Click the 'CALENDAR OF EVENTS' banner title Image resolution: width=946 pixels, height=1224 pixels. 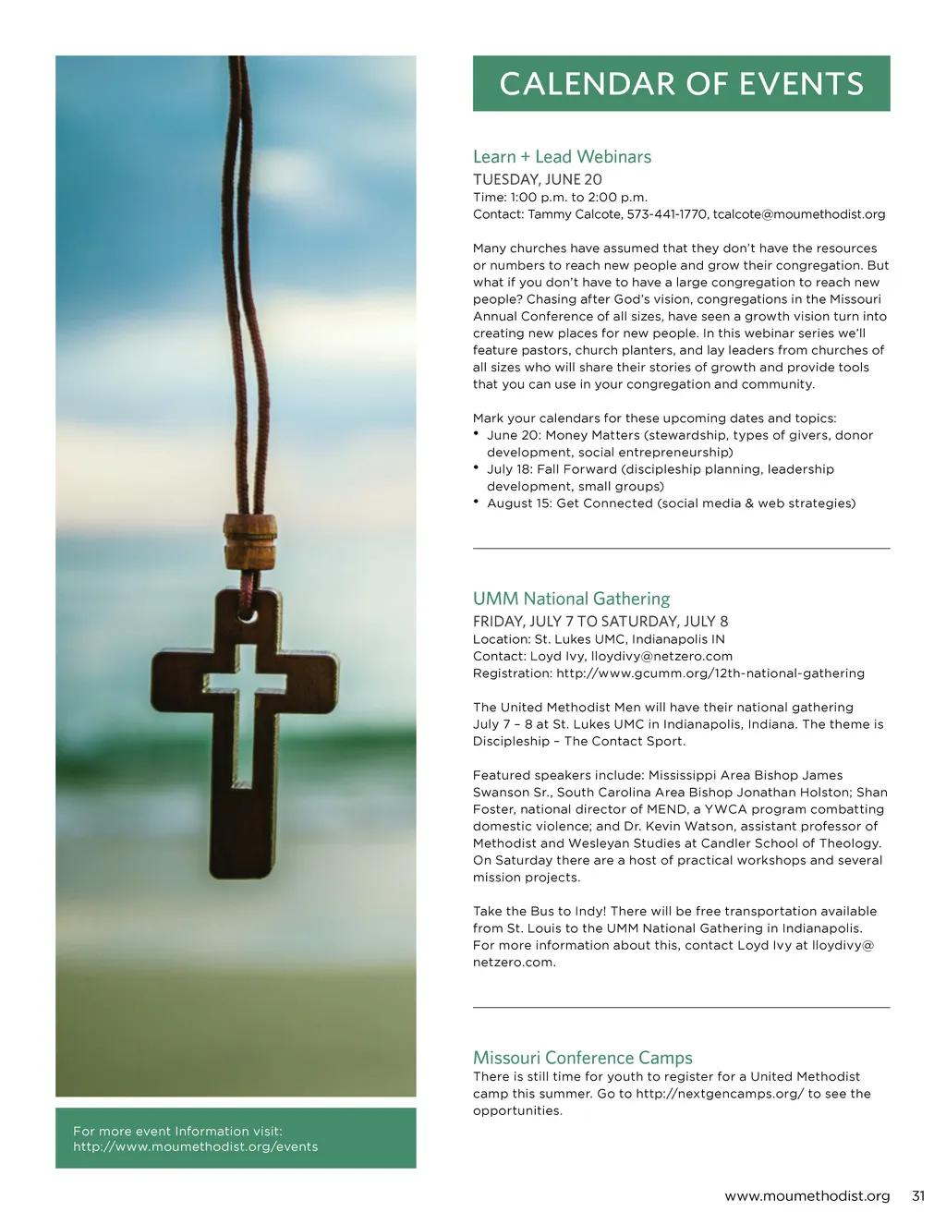click(x=681, y=84)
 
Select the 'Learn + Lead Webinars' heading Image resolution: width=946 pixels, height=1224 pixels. click(x=562, y=157)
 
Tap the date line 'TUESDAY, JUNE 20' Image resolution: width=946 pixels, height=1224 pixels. click(x=537, y=179)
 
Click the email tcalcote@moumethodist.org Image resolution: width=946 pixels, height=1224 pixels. click(x=799, y=214)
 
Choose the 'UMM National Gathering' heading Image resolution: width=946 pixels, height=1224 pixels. click(x=571, y=599)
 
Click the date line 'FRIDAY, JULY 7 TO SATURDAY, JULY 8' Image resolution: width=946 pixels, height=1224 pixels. click(x=600, y=622)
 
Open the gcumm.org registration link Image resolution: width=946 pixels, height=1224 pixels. click(x=710, y=673)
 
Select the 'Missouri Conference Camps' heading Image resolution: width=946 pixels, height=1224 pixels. click(x=582, y=1058)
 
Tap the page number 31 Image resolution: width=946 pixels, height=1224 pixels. click(x=917, y=1196)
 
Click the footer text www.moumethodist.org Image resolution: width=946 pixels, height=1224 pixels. click(x=807, y=1196)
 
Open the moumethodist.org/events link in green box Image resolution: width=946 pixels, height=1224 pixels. click(x=195, y=1147)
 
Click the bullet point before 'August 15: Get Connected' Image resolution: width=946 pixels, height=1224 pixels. click(x=476, y=502)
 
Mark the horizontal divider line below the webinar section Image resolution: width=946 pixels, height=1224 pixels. click(x=681, y=549)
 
